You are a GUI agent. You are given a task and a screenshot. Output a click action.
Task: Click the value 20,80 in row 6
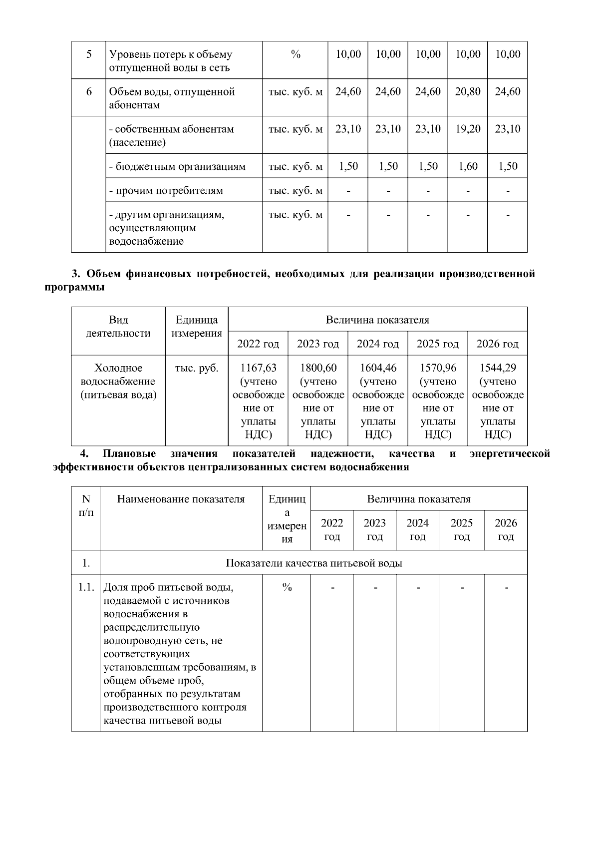(x=467, y=92)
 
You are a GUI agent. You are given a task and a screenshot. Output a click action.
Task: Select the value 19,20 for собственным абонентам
(x=467, y=129)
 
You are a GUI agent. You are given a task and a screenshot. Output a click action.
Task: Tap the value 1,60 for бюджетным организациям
(x=467, y=166)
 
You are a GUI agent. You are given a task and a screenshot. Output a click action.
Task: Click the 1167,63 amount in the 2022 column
(x=258, y=368)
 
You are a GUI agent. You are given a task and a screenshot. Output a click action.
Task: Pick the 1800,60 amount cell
(x=318, y=368)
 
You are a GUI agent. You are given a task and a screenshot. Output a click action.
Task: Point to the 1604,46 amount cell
(x=378, y=368)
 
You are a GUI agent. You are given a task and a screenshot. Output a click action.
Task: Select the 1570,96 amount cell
(x=438, y=368)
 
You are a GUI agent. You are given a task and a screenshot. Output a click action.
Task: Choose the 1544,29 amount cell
(x=498, y=368)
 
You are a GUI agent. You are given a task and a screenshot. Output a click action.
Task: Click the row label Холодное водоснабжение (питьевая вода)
(x=118, y=382)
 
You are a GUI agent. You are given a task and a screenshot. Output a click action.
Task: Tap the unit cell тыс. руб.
(x=197, y=369)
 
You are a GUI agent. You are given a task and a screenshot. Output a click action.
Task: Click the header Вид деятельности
(x=118, y=327)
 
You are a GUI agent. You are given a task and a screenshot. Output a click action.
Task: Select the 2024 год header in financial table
(x=378, y=344)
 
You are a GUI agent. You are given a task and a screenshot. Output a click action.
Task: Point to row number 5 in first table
(x=89, y=54)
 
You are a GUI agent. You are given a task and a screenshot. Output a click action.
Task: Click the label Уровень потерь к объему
(x=170, y=54)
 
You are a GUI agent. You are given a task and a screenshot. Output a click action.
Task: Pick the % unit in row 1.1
(x=287, y=588)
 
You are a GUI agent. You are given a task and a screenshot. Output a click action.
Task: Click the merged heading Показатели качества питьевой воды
(x=314, y=563)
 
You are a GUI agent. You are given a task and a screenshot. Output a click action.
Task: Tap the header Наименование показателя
(x=181, y=499)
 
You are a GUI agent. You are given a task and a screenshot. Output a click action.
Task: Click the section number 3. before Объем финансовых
(x=76, y=274)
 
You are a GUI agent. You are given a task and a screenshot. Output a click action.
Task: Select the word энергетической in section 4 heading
(x=510, y=454)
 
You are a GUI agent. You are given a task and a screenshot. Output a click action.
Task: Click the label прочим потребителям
(x=166, y=191)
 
